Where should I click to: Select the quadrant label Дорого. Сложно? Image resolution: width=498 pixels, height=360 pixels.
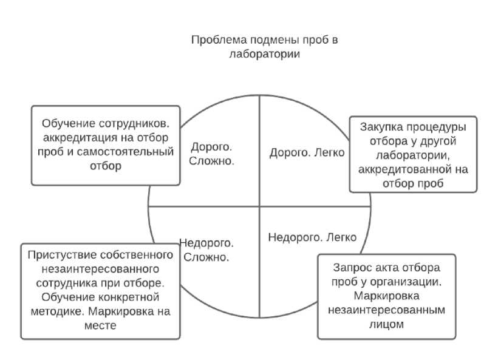tap(211, 154)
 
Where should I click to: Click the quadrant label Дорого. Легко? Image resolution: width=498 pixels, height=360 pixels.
tap(307, 152)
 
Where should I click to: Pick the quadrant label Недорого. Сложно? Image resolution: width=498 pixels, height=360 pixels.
tap(206, 250)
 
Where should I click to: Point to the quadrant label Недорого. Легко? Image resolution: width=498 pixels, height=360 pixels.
tap(312, 237)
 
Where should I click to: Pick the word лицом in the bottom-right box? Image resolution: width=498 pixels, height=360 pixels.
tap(386, 324)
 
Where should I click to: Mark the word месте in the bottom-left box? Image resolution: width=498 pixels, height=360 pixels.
tap(101, 326)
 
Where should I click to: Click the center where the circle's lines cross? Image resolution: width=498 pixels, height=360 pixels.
tap(259, 206)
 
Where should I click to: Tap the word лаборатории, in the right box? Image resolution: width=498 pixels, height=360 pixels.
tap(413, 155)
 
